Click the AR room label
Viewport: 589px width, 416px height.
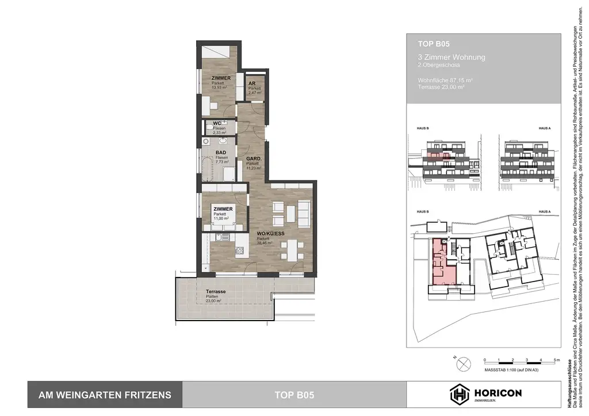click(252, 83)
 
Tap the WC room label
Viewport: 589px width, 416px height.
click(217, 124)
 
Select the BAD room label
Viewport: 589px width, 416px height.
click(220, 153)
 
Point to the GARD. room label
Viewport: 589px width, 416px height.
click(254, 159)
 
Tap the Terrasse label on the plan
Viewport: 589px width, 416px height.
click(215, 292)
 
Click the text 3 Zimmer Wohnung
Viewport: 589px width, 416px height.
click(452, 57)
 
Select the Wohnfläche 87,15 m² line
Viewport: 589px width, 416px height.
click(445, 80)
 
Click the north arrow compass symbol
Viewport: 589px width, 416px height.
click(463, 363)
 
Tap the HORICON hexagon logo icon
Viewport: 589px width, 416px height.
click(459, 394)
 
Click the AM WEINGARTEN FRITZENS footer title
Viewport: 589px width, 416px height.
click(105, 395)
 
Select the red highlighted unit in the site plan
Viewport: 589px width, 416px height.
click(442, 261)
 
